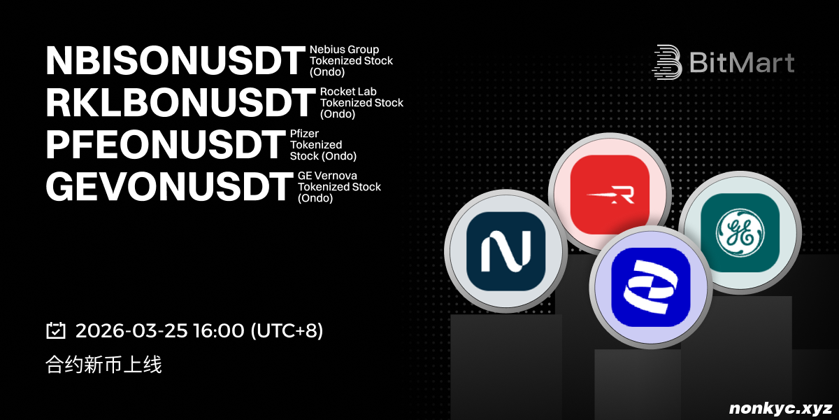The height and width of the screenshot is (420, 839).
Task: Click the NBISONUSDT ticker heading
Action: pyautogui.click(x=175, y=61)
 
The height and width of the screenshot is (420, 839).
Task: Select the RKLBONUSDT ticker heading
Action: pyautogui.click(x=180, y=103)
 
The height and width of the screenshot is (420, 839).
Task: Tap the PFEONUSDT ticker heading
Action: pyautogui.click(x=166, y=145)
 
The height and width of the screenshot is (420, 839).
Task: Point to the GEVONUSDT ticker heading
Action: pyautogui.click(x=169, y=187)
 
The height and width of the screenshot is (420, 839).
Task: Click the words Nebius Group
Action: pyautogui.click(x=344, y=50)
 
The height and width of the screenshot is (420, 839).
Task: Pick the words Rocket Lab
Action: pyautogui.click(x=348, y=92)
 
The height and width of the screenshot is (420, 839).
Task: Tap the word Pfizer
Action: pyautogui.click(x=304, y=134)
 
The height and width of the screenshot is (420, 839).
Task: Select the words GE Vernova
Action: pyautogui.click(x=327, y=176)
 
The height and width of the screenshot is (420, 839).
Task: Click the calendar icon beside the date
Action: pyautogui.click(x=56, y=330)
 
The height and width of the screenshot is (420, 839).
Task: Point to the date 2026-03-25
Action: pyautogui.click(x=131, y=330)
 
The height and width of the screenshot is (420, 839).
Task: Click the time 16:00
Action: pyautogui.click(x=219, y=330)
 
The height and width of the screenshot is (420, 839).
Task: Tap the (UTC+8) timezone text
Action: pyautogui.click(x=287, y=330)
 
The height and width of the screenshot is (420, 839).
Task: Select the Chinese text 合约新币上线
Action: pyautogui.click(x=103, y=365)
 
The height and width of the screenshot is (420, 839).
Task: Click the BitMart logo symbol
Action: pyautogui.click(x=667, y=62)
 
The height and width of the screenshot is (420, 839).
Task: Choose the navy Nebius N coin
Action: pyautogui.click(x=505, y=251)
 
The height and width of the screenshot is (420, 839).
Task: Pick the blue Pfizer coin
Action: pyautogui.click(x=651, y=287)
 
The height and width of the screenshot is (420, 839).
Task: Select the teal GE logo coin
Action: pyautogui.click(x=740, y=233)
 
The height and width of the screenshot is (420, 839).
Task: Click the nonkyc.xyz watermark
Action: pyautogui.click(x=781, y=408)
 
